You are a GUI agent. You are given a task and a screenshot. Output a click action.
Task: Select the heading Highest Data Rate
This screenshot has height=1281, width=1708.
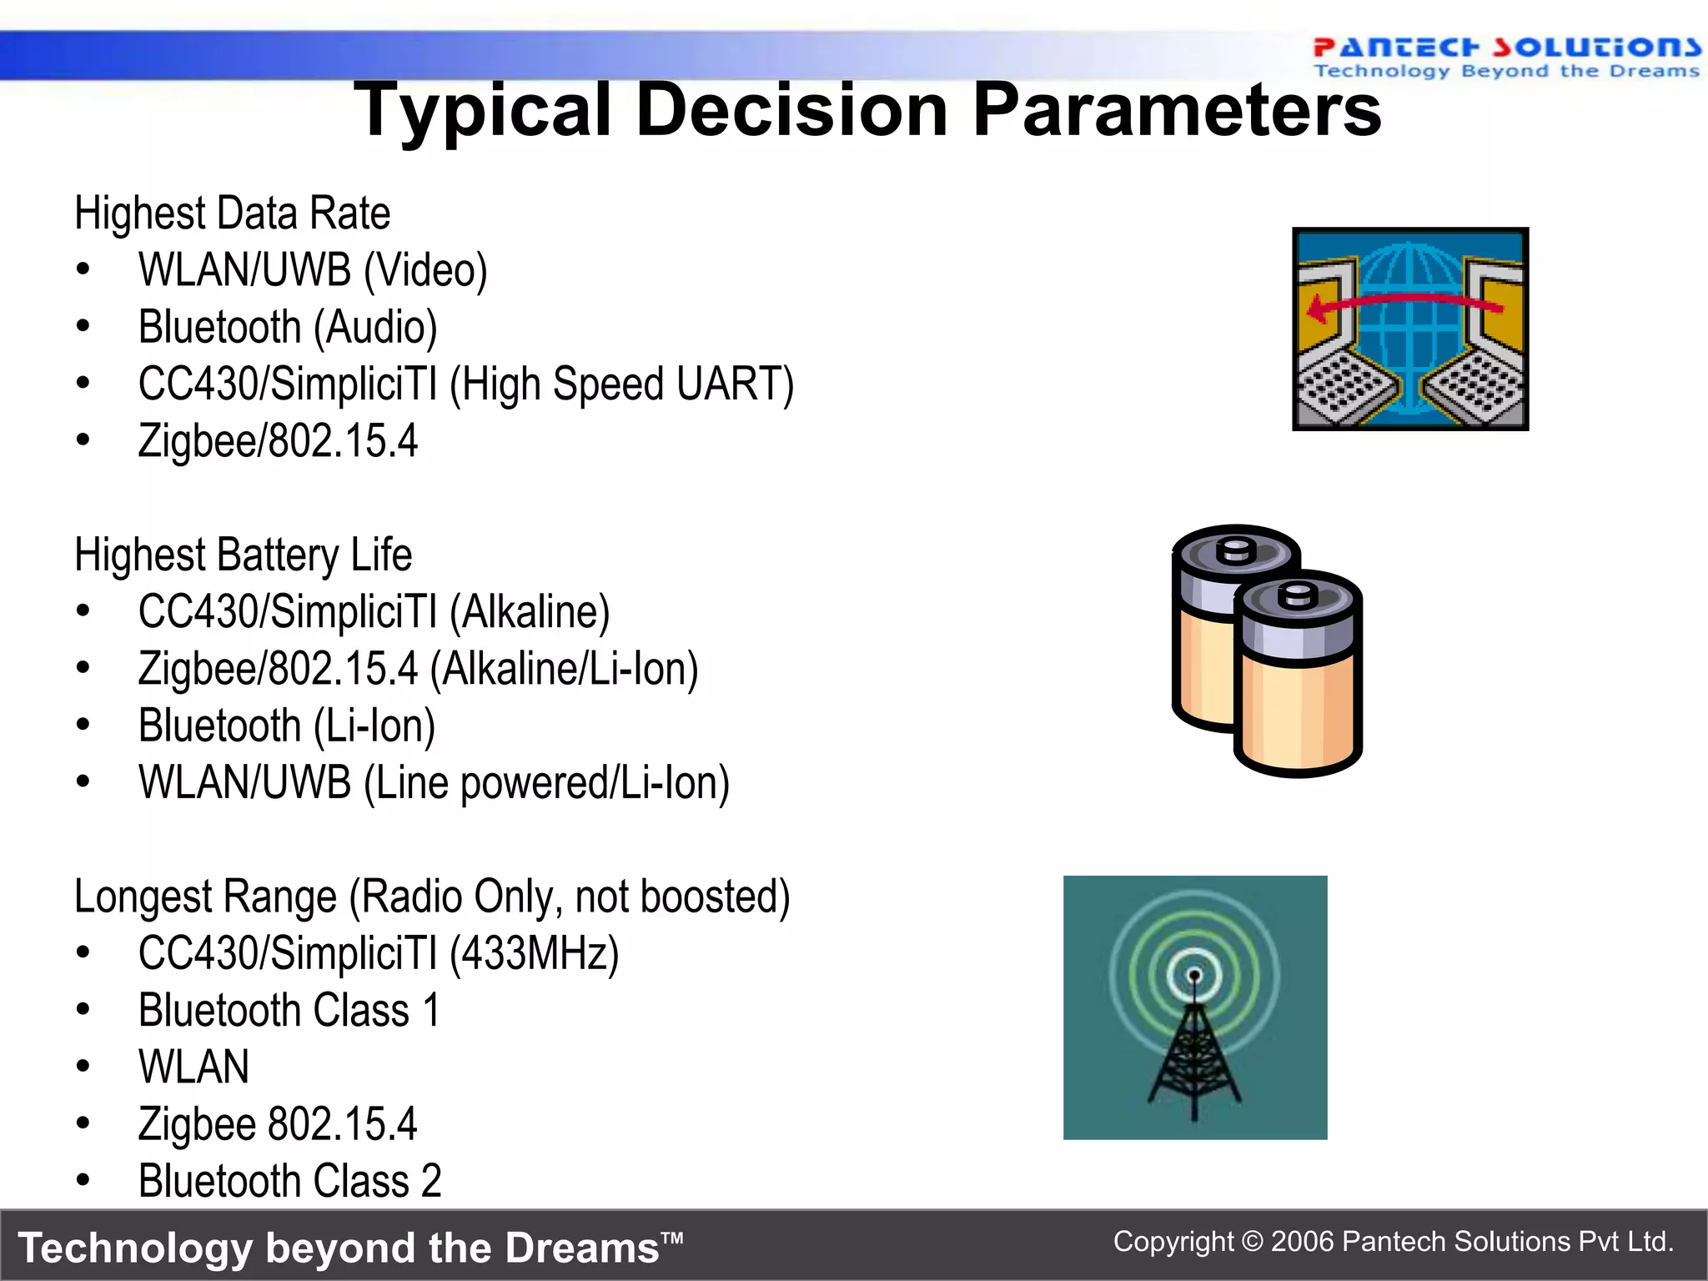point(232,213)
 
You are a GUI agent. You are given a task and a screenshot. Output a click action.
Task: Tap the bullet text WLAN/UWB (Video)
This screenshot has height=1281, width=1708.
point(313,270)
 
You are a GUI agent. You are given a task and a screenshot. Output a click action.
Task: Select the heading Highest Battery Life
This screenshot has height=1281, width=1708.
point(243,555)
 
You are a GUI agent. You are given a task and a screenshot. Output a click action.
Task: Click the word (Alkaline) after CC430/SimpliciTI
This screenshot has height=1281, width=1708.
point(530,612)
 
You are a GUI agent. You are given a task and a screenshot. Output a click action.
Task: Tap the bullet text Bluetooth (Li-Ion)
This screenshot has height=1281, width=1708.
point(287,726)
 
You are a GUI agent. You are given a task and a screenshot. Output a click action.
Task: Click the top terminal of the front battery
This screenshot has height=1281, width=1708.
point(1298,595)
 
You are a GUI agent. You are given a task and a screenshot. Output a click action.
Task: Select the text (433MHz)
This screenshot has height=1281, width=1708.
point(535,953)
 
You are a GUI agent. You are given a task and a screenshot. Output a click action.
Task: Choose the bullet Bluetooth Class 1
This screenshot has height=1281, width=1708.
point(289,1011)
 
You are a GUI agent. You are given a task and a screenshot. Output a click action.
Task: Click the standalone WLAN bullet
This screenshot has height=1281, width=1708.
point(193,1067)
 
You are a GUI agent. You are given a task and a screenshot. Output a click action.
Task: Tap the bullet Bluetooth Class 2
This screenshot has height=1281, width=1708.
point(289,1181)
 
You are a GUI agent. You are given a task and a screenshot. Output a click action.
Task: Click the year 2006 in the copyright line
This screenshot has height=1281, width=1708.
point(1302,1242)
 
